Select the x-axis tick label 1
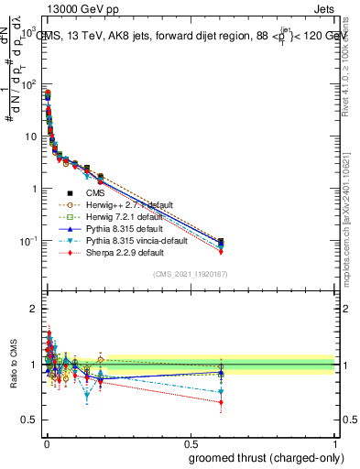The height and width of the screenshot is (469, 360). (x=334, y=443)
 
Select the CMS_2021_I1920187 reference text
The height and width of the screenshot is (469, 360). (x=189, y=274)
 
